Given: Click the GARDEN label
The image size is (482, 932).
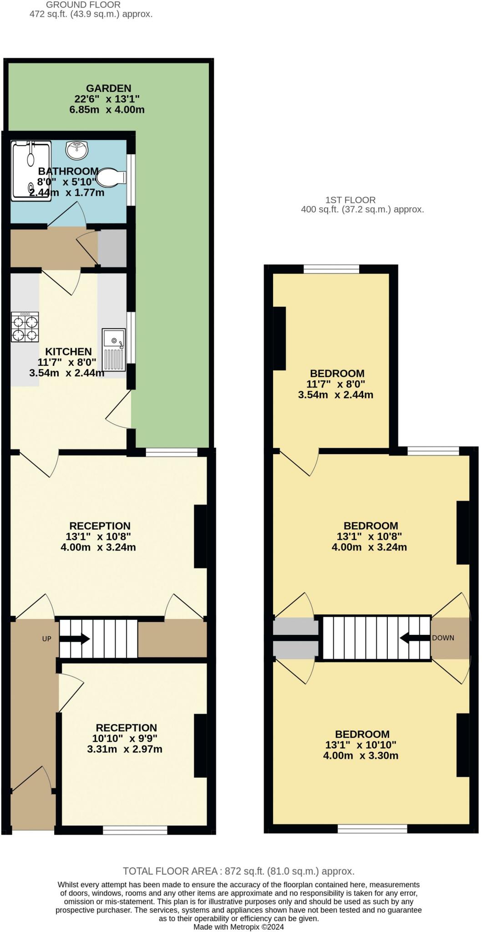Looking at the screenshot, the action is (x=109, y=88).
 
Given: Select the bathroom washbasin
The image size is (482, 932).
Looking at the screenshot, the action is (x=77, y=150).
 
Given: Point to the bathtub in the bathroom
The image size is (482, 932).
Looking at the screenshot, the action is (x=31, y=170).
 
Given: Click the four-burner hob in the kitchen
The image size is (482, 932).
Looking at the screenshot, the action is (x=25, y=327).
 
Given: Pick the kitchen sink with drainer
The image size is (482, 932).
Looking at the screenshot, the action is (x=114, y=349).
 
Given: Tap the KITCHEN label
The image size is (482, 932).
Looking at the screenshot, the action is (x=68, y=351).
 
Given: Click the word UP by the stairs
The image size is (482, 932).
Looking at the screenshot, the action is (x=47, y=638).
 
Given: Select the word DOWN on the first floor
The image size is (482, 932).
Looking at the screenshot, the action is (x=443, y=638).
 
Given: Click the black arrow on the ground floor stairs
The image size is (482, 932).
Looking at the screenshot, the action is (x=75, y=639).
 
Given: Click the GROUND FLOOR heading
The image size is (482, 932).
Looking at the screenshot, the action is (x=83, y=5).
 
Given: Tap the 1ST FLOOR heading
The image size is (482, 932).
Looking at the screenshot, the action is (x=350, y=200).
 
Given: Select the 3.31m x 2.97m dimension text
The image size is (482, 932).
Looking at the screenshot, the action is (x=125, y=749).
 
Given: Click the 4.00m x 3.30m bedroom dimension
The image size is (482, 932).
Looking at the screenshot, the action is (x=361, y=756).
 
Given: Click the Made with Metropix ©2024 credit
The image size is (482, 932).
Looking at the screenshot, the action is (x=238, y=927).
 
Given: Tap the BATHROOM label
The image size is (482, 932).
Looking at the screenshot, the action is (x=68, y=171).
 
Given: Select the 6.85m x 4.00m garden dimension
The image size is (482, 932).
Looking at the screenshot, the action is (x=107, y=110).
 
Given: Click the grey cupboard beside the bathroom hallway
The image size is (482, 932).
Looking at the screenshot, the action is (x=112, y=248).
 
